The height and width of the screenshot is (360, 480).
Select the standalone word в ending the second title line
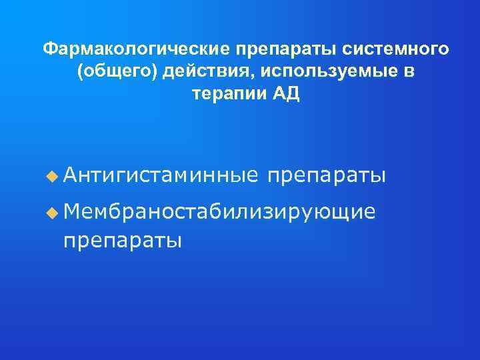[408, 71]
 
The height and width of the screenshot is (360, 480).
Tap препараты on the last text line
[122, 240]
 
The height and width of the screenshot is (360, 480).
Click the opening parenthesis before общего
[81, 72]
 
